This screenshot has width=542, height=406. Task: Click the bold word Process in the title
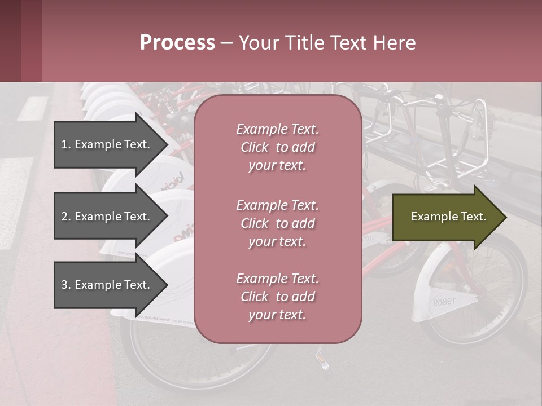[177, 43]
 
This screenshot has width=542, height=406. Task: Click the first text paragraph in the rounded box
[277, 147]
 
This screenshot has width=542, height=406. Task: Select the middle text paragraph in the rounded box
[277, 223]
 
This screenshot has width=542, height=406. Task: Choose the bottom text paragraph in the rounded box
[277, 297]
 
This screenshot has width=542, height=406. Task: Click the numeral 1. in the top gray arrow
[65, 144]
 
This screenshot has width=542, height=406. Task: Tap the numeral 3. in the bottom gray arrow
[65, 285]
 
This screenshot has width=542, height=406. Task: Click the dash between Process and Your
[226, 43]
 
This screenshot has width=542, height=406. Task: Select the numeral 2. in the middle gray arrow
[65, 217]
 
